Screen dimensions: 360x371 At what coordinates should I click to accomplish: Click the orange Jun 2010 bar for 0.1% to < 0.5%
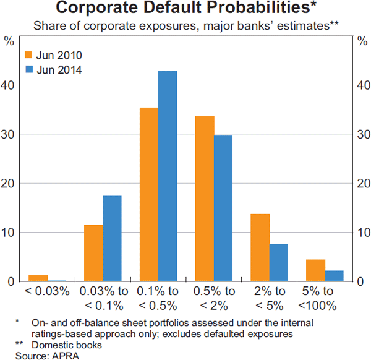pos(149,195)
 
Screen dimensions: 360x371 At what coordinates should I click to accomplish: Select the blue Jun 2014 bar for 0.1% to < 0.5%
pos(168,176)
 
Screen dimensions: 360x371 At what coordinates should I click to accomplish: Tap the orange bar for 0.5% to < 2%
pos(205,199)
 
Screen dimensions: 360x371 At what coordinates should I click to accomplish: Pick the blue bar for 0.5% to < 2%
pos(223,208)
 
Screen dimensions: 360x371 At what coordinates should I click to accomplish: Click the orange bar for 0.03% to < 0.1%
pos(93,253)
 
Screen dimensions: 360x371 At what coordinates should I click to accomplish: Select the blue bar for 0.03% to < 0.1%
pos(112,239)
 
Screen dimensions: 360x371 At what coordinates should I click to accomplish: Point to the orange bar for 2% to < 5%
pos(260,247)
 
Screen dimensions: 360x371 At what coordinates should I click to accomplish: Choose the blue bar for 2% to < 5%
pos(279,263)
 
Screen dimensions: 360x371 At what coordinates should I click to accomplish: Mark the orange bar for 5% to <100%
pos(316,270)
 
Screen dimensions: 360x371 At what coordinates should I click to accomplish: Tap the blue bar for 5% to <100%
pos(335,276)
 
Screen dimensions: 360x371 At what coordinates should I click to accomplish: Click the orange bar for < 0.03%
pos(38,278)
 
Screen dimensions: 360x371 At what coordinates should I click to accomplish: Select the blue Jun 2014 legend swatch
pos(28,69)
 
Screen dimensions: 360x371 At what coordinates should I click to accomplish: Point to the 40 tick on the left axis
pos(9,85)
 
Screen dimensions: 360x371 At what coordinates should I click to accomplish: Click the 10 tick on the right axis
pos(363,233)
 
